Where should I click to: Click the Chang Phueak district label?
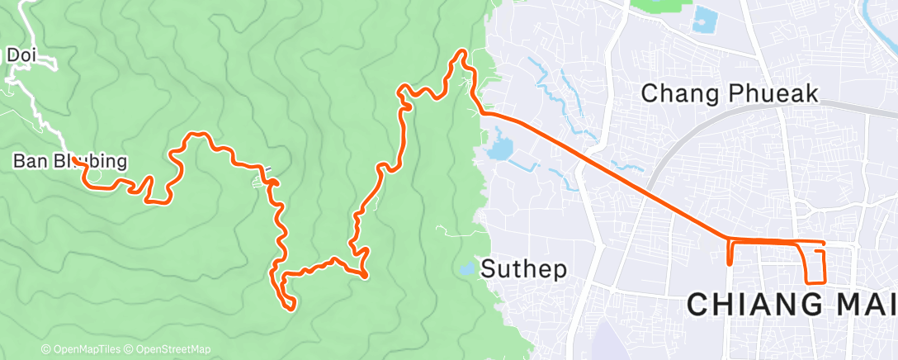coord(729,93)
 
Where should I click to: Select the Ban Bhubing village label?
coord(70,161)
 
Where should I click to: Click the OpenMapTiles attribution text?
coord(85,349)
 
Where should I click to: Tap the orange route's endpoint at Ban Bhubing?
coord(74,159)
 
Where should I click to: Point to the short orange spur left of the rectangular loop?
coord(730,254)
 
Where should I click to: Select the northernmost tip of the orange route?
coord(461,52)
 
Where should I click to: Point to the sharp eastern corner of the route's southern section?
coord(365,275)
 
